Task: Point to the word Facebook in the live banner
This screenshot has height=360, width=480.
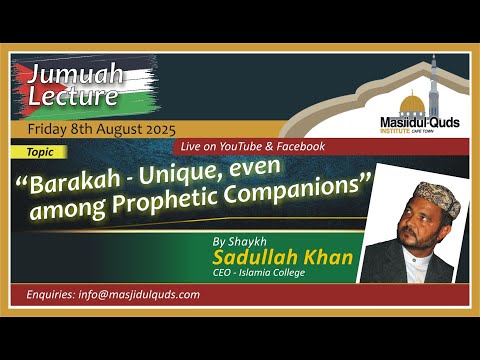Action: pyautogui.click(x=296, y=146)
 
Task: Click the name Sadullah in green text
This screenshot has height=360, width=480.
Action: pyautogui.click(x=283, y=259)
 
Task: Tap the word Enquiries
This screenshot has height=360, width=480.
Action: pyautogui.click(x=51, y=295)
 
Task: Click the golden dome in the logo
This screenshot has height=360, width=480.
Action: pyautogui.click(x=410, y=104)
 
